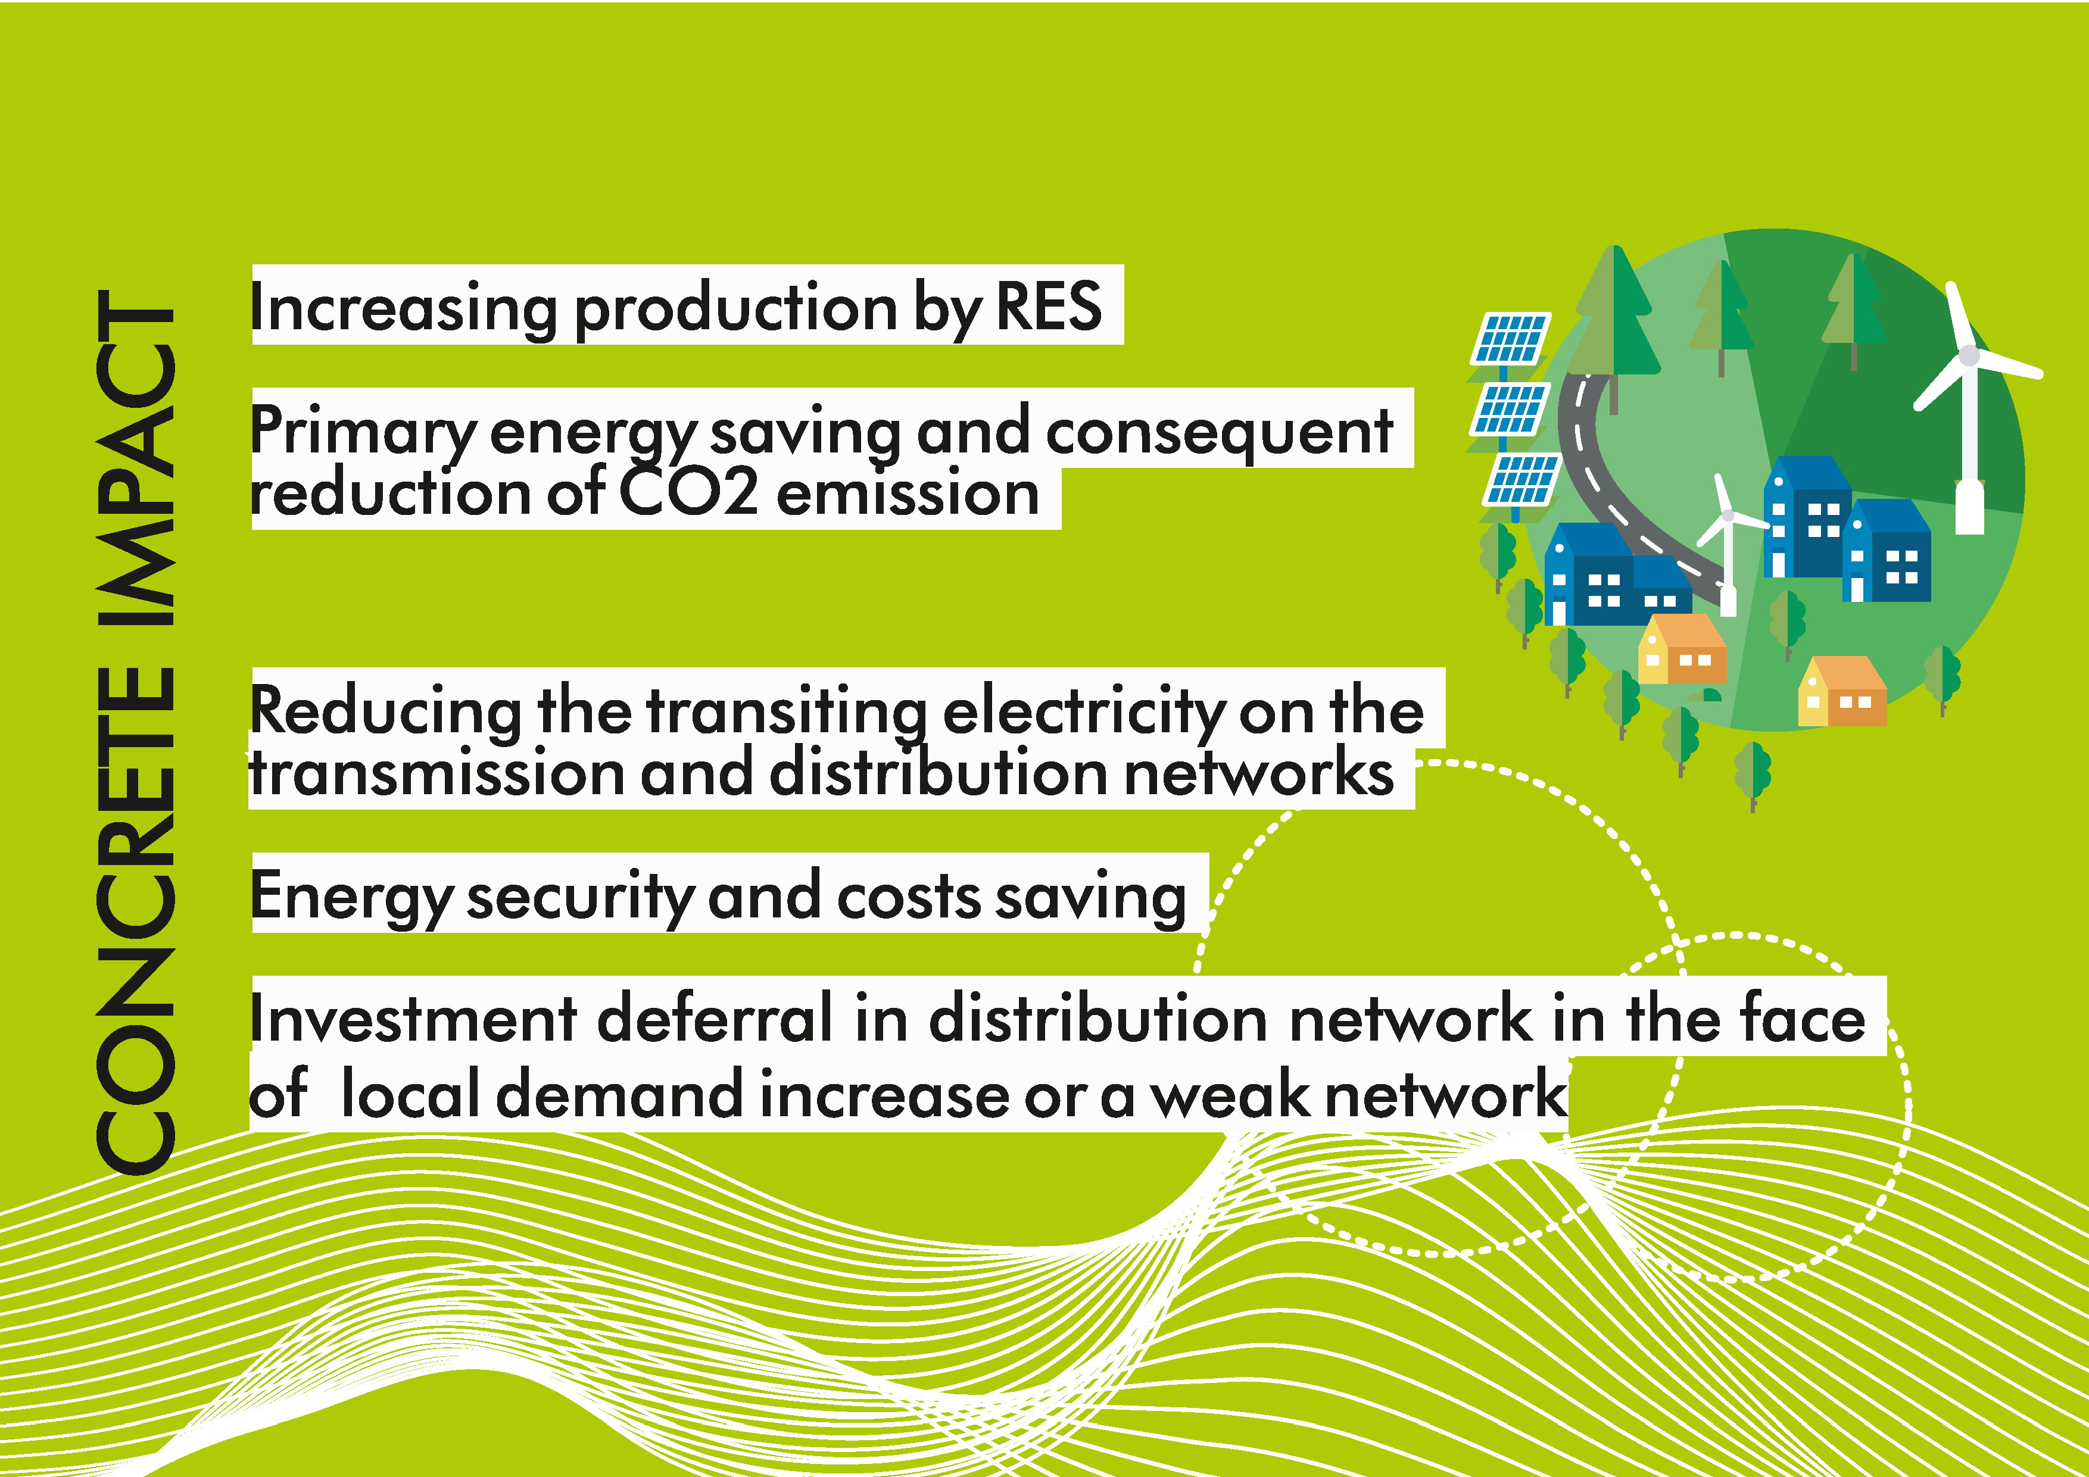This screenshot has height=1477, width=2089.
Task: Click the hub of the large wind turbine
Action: (x=1968, y=355)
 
